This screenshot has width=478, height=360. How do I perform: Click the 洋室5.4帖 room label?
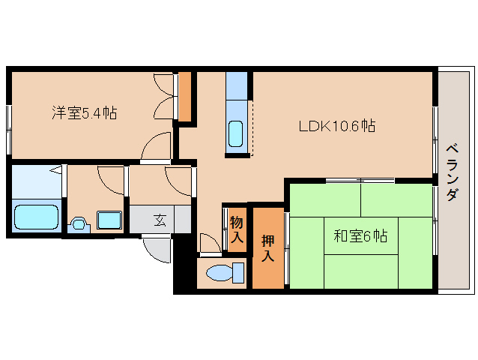pos(85,113)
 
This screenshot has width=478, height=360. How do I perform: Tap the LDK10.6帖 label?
pos(337,126)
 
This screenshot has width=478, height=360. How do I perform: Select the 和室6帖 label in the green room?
pos(360,235)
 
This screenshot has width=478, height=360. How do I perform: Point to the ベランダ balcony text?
pos(453,172)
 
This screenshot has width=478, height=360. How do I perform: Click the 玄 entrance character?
pos(160,220)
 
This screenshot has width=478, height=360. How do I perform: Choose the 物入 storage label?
pos(237,229)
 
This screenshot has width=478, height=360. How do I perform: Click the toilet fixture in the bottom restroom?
pos(225,273)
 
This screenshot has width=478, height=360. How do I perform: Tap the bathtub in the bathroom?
pos(36,217)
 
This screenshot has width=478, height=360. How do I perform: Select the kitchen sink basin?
pos(236,134)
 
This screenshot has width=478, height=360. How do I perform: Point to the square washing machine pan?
pos(109,220)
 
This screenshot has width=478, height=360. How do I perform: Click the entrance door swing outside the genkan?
pos(156,250)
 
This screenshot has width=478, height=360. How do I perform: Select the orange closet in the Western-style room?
pos(185,97)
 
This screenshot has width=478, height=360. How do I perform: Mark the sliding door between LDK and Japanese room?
pos(360,180)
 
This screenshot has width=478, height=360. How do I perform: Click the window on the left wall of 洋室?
pos(9,130)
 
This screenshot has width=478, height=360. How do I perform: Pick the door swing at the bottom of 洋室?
pos(156,145)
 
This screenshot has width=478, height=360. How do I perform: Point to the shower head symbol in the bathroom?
pos(55,170)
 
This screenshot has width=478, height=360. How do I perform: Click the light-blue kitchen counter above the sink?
pos(236,85)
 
